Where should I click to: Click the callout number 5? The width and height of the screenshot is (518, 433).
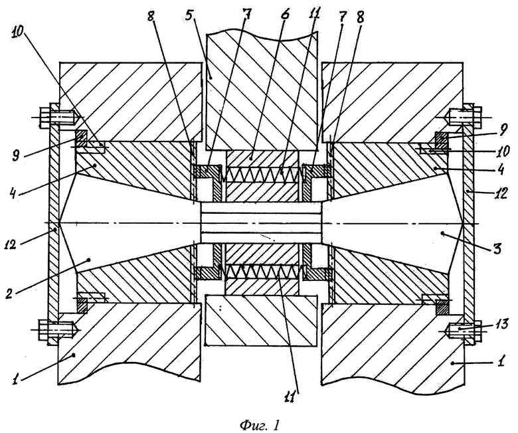(190, 15)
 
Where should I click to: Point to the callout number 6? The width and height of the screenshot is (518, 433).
(285, 14)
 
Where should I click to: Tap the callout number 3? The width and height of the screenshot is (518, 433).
(497, 247)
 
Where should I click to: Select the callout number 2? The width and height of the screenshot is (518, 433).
(10, 294)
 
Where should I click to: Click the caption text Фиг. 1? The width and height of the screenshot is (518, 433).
(259, 424)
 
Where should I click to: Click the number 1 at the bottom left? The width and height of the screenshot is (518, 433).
(15, 379)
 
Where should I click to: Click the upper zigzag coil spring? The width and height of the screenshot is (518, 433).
(263, 174)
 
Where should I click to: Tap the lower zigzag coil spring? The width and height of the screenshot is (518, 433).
(263, 272)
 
